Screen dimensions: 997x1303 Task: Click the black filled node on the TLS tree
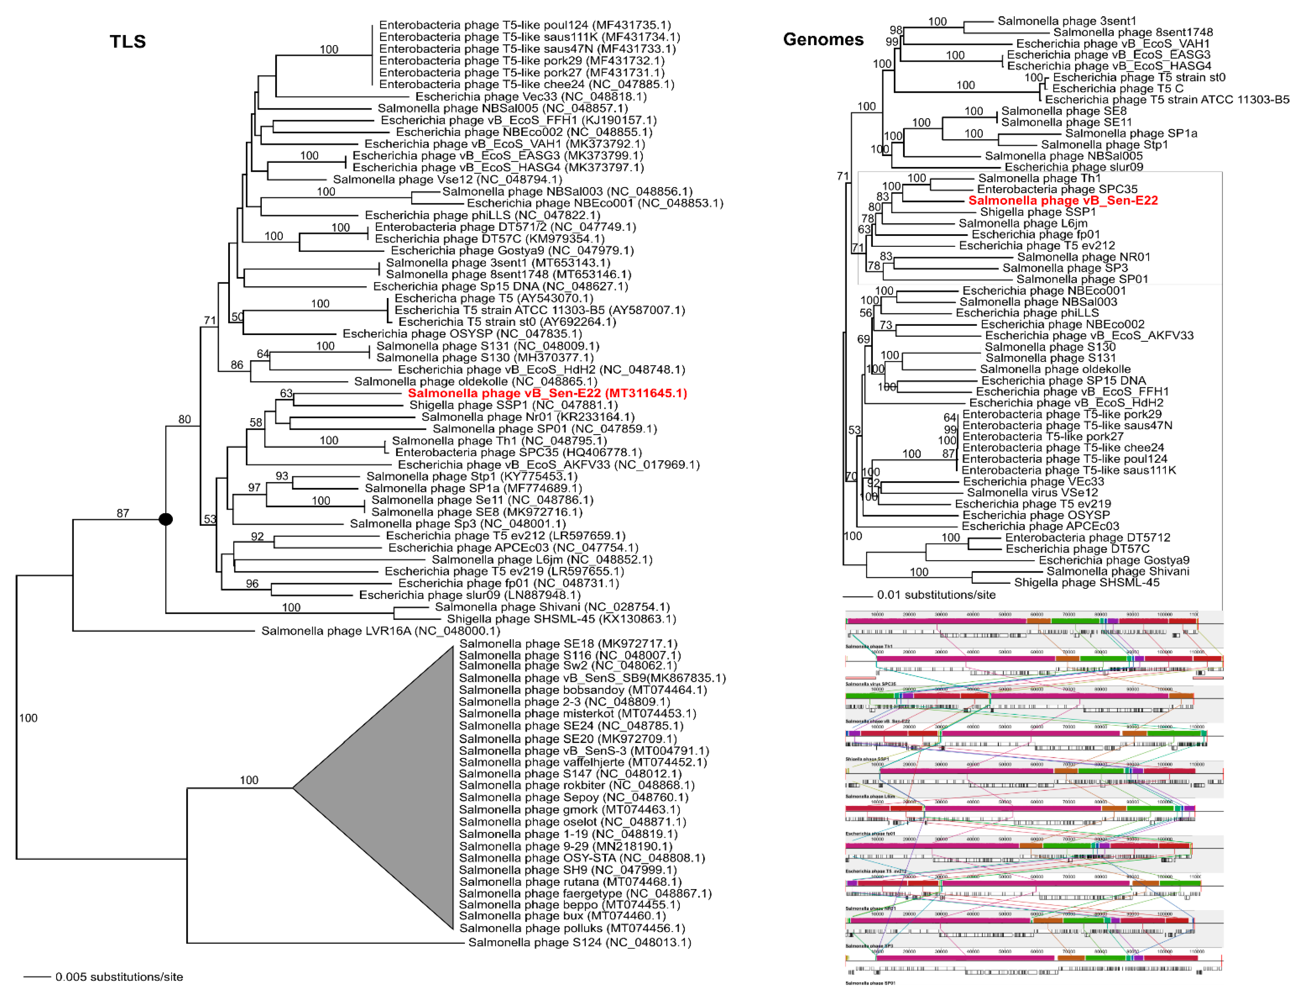pos(166,519)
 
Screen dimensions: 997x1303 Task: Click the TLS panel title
pos(128,41)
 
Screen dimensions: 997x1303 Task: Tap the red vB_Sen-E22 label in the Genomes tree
pos(1063,201)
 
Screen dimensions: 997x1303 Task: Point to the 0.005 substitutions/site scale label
pos(119,977)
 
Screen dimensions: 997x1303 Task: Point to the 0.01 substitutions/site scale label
pos(936,595)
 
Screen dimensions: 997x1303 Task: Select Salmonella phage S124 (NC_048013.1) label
pos(579,942)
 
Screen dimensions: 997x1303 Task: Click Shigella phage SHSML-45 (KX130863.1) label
pos(561,619)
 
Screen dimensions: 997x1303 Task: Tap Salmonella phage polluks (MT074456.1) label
pos(572,928)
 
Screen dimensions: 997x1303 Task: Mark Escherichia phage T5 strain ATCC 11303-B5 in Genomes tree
pos(1167,100)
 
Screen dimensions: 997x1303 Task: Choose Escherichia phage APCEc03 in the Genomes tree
pos(1040,527)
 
